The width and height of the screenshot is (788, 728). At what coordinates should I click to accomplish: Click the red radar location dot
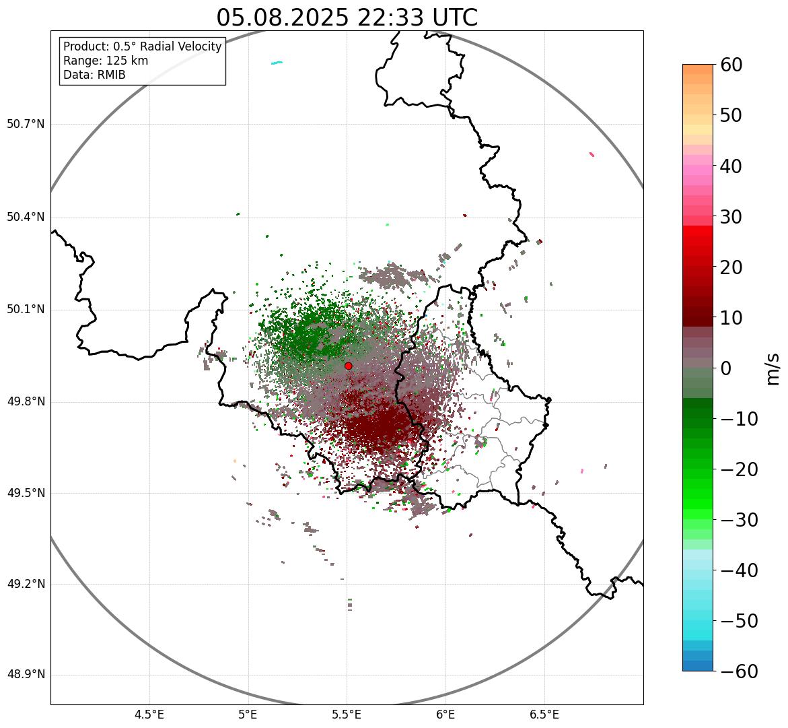click(x=348, y=366)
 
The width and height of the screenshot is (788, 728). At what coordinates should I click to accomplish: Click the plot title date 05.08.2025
click(x=283, y=18)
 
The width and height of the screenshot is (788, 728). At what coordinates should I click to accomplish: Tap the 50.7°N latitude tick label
click(x=26, y=125)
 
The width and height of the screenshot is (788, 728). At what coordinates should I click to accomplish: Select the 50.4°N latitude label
click(x=26, y=217)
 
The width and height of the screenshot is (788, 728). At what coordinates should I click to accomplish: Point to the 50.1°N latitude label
click(x=26, y=310)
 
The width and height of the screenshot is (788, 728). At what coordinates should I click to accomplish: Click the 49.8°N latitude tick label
click(x=26, y=402)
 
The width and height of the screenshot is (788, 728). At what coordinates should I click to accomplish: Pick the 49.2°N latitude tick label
click(x=26, y=584)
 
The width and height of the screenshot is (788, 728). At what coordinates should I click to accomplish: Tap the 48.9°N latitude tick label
click(x=26, y=675)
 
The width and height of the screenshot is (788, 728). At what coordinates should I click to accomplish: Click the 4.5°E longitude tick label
click(x=149, y=715)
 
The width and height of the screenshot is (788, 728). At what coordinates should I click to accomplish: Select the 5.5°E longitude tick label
click(x=347, y=715)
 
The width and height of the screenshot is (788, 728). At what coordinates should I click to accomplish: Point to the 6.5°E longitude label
click(x=544, y=715)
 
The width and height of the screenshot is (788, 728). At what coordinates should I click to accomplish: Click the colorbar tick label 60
click(x=731, y=65)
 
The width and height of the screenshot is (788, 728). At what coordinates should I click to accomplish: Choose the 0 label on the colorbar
click(x=726, y=368)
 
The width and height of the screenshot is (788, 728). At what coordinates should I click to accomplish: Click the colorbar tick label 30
click(x=731, y=217)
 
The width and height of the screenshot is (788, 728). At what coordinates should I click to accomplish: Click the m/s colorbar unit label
click(x=773, y=368)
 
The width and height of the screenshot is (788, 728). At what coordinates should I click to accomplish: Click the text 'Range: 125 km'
click(x=106, y=61)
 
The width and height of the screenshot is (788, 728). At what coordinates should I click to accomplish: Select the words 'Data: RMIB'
click(x=94, y=75)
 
